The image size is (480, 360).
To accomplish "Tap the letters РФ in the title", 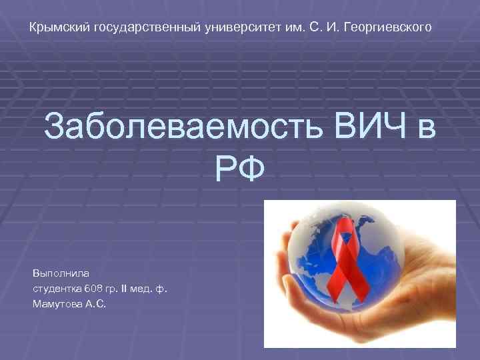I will [239, 167].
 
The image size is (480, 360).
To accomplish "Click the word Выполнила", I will [56, 273].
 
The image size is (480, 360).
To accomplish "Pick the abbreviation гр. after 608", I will [112, 289].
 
